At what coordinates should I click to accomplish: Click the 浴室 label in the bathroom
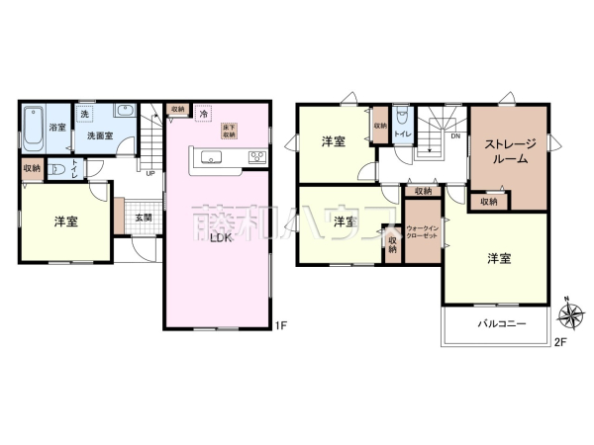pyautogui.click(x=58, y=127)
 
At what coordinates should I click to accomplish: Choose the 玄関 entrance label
pyautogui.click(x=144, y=218)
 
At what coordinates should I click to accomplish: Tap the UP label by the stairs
pyautogui.click(x=149, y=175)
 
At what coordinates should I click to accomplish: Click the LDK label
pyautogui.click(x=221, y=237)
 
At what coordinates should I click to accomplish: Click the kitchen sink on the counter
pyautogui.click(x=211, y=156)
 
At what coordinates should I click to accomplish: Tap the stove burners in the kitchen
pyautogui.click(x=255, y=156)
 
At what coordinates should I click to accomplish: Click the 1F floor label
pyautogui.click(x=280, y=323)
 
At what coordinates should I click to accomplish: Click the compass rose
pyautogui.click(x=569, y=315)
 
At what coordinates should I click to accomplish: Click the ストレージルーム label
pyautogui.click(x=509, y=151)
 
